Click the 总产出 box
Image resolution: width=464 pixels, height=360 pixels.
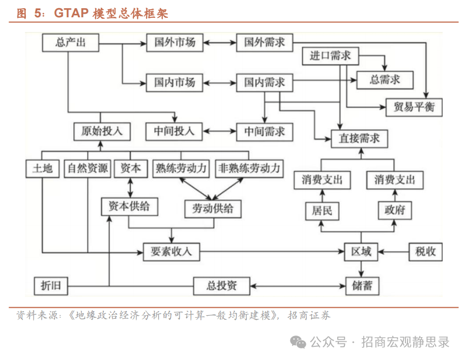pyautogui.click(x=70, y=42)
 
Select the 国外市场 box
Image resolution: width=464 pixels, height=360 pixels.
pyautogui.click(x=175, y=42)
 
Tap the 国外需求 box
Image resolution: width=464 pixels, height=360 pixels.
pyautogui.click(x=264, y=42)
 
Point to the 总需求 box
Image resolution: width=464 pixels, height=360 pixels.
pyautogui.click(x=385, y=79)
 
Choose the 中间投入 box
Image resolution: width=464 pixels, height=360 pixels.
pyautogui.click(x=175, y=131)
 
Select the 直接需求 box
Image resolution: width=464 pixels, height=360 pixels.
pyautogui.click(x=359, y=138)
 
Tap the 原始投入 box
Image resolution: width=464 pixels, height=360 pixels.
pyautogui.click(x=101, y=131)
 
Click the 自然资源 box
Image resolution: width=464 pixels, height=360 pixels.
pyautogui.click(x=88, y=168)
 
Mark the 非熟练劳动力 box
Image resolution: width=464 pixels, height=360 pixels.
pyautogui.click(x=249, y=168)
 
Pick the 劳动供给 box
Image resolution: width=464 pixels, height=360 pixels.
pyautogui.click(x=213, y=208)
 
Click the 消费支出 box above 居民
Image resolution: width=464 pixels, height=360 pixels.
pyautogui.click(x=322, y=180)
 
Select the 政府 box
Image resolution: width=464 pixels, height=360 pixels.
pyautogui.click(x=394, y=211)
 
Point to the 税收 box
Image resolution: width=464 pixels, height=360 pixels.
pyautogui.click(x=425, y=251)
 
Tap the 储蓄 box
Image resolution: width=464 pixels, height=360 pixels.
pyautogui.click(x=361, y=285)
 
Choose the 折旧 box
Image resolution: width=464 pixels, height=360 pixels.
pyautogui.click(x=50, y=286)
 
